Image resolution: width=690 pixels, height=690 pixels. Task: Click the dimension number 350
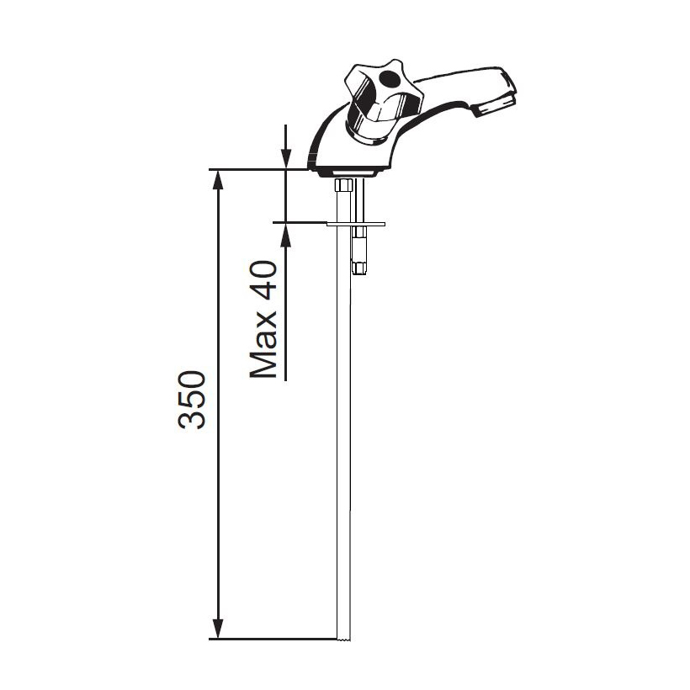point(191,400)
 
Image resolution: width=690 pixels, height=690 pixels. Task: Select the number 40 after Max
point(263,275)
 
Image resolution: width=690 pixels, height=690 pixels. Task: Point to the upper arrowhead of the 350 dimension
point(217,179)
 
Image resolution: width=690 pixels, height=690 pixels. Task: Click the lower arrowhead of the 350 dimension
point(217,629)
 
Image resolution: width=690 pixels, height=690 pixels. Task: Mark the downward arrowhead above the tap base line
point(286,159)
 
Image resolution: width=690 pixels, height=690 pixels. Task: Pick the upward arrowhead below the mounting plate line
point(286,233)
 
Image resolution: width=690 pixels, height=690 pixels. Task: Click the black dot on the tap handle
point(388,79)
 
